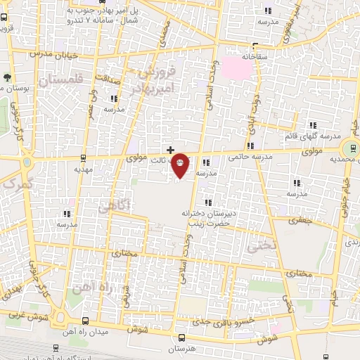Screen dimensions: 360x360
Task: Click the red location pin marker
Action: [x=181, y=165]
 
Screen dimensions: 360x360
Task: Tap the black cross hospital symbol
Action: [x=170, y=149]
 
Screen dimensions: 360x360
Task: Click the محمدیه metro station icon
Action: [x=349, y=148]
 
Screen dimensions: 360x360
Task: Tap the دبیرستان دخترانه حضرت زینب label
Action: [x=216, y=217]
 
